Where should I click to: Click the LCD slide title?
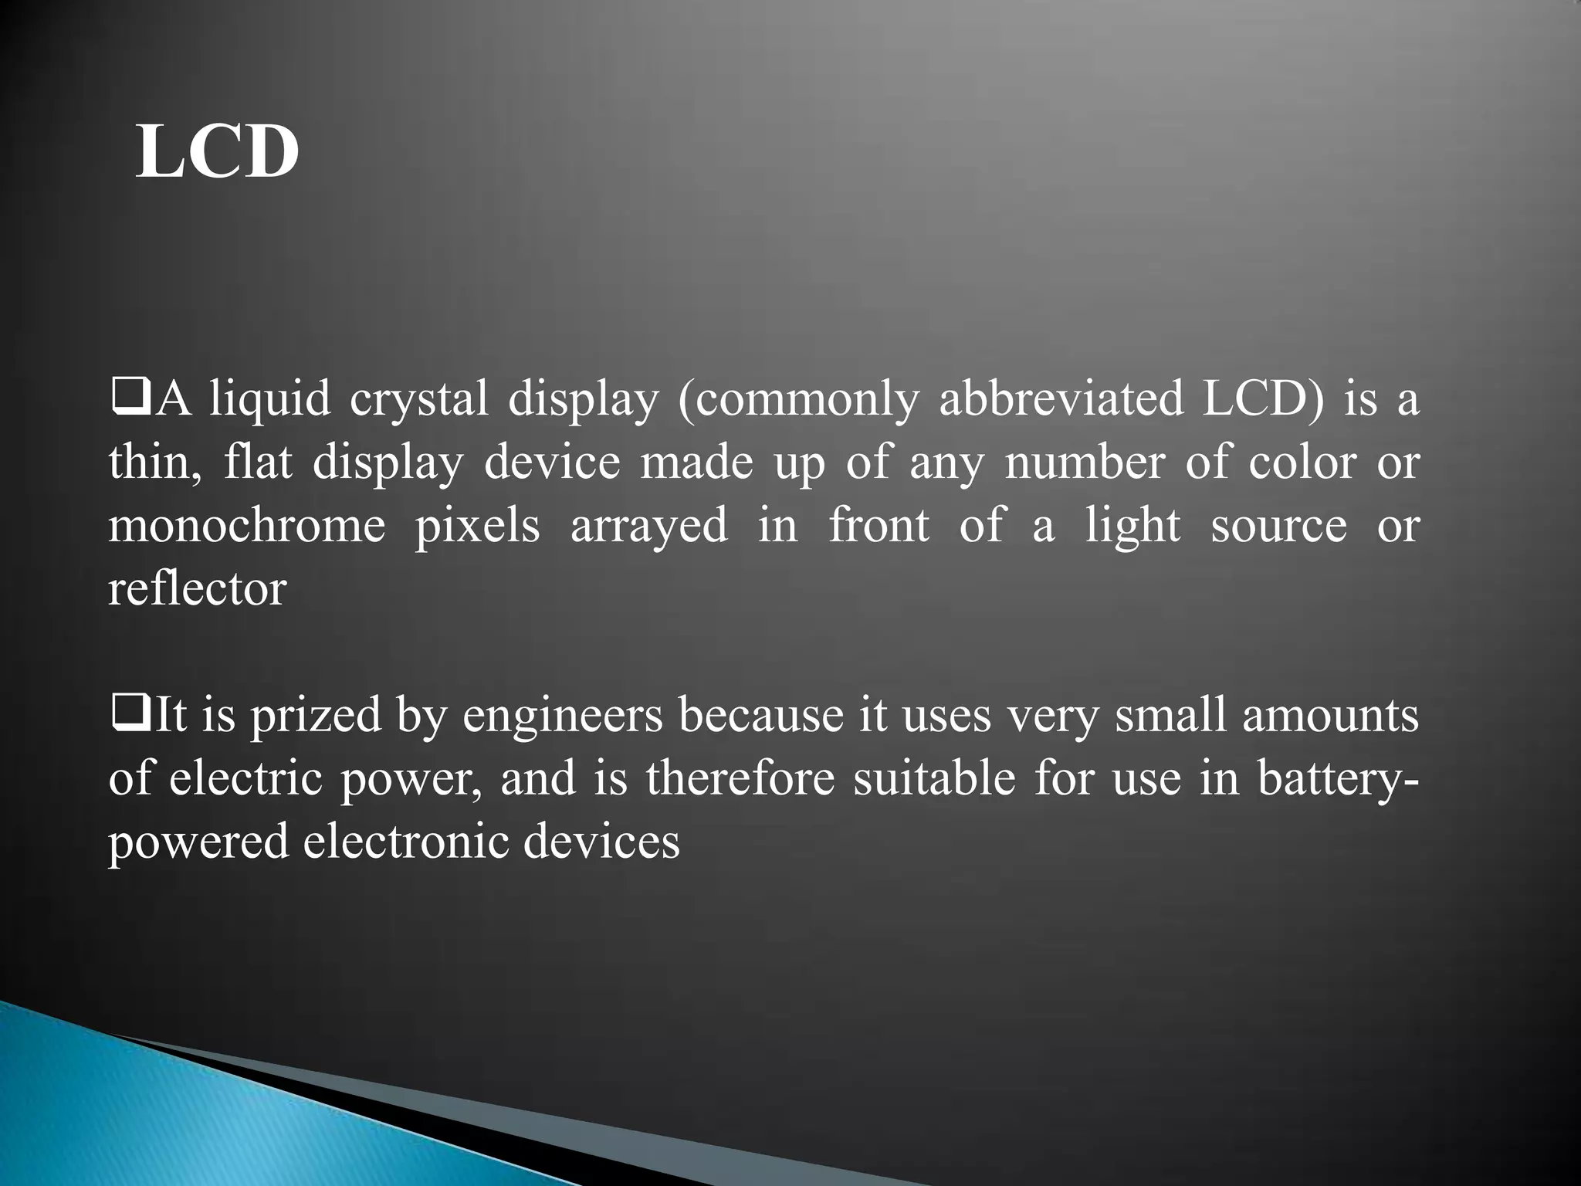click(217, 152)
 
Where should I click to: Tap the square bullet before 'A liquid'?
click(123, 401)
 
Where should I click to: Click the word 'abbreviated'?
click(1061, 401)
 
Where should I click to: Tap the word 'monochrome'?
click(247, 526)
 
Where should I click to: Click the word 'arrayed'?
click(648, 526)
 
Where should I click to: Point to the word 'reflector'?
click(198, 589)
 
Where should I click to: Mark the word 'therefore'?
click(740, 778)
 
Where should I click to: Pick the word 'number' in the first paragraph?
click(1084, 463)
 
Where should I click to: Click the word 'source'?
click(1278, 526)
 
